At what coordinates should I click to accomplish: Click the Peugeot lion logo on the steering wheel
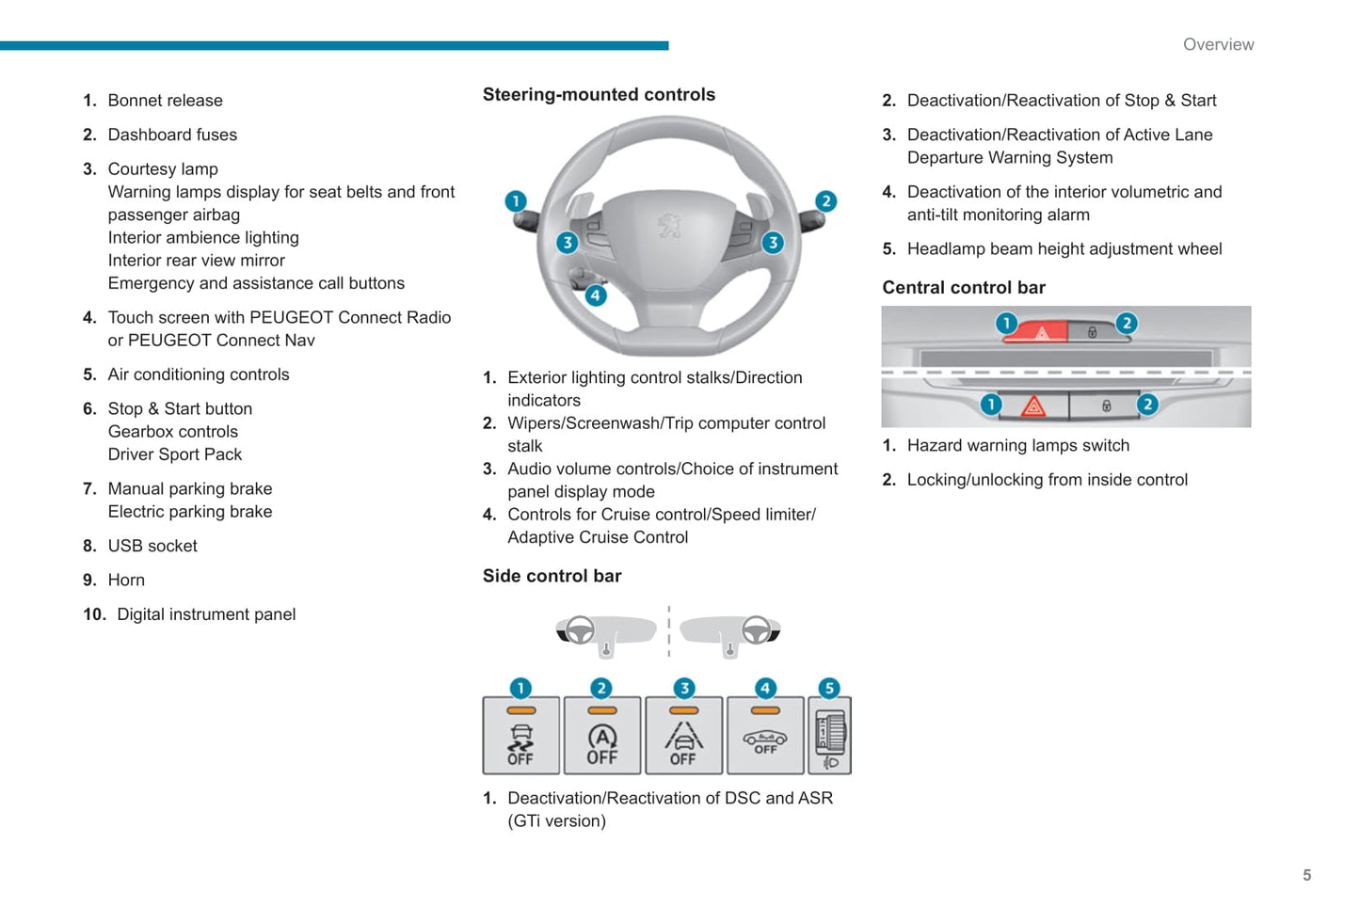669,225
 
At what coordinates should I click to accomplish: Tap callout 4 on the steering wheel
595,295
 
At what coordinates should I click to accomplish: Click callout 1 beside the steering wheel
516,201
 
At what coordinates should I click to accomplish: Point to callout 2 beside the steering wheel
825,201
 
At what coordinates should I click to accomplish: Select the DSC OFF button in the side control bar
521,736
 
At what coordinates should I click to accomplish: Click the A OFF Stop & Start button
602,736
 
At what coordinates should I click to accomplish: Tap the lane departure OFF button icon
683,736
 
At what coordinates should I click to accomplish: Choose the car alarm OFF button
765,736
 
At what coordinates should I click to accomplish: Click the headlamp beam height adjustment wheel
831,735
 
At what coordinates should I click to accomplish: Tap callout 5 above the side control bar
829,689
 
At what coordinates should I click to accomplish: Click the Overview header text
1218,44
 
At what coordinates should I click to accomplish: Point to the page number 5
1306,875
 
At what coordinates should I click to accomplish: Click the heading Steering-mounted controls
599,94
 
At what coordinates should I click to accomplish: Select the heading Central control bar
963,288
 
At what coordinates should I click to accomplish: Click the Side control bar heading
552,576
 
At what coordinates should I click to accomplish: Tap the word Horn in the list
126,581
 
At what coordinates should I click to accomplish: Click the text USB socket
152,546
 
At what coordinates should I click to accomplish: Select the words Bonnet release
165,101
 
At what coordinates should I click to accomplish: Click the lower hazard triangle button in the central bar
1033,406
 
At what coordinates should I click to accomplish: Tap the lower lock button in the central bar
1106,406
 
